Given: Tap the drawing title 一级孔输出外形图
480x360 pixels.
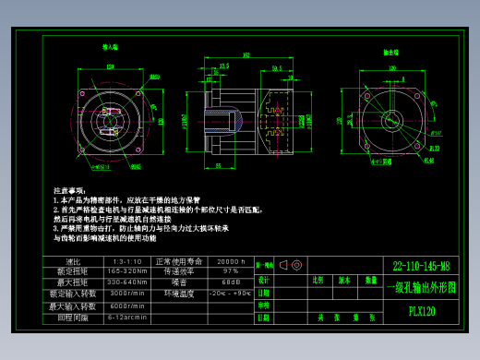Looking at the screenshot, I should coord(420,287).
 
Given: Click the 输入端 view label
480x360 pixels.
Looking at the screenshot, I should coord(109,47).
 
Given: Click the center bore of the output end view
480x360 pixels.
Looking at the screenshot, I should coord(393,120).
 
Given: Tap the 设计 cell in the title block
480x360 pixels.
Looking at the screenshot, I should coord(264,280).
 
